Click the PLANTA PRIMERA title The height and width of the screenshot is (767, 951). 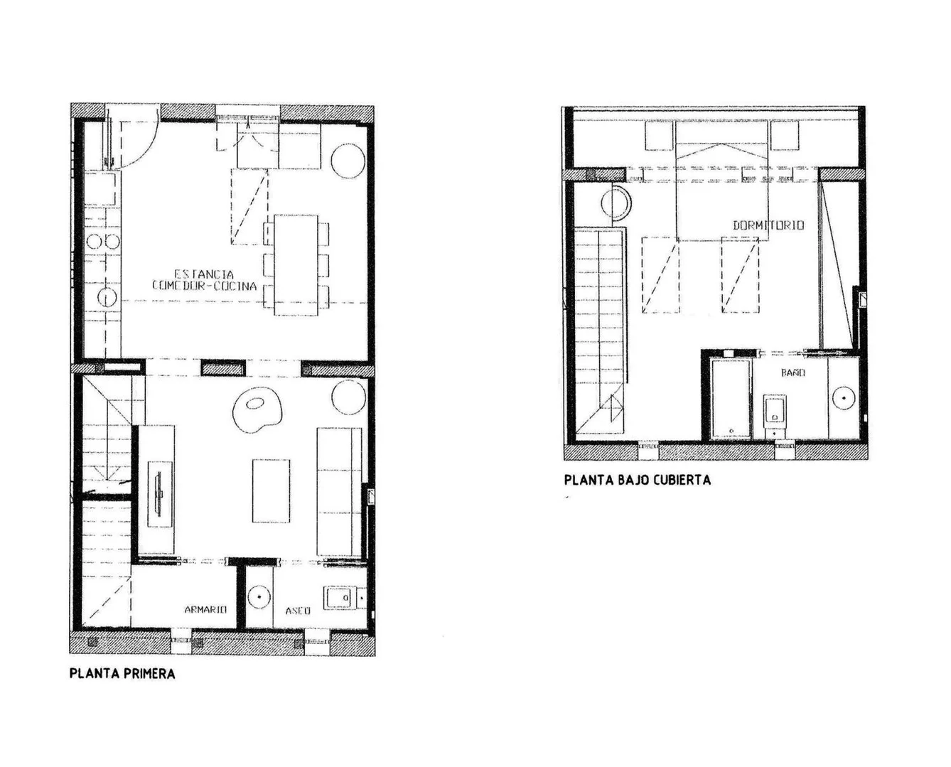[122, 674]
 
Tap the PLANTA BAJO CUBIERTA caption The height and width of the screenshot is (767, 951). [638, 480]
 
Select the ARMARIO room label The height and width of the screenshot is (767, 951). [205, 610]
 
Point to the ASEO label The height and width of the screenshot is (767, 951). [297, 611]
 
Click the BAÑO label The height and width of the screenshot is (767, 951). [793, 372]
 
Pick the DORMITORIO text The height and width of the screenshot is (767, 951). [768, 225]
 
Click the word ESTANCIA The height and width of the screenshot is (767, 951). [204, 274]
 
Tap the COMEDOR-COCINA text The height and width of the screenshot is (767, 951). [204, 286]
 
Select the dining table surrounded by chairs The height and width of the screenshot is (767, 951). [296, 265]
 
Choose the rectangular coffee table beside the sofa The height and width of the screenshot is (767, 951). [272, 490]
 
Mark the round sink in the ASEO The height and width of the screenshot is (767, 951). [259, 597]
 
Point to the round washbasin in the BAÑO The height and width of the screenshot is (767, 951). [844, 398]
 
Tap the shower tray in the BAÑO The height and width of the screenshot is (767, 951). [731, 398]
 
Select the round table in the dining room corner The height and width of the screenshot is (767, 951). [348, 161]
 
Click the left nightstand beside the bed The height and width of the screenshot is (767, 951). [659, 136]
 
